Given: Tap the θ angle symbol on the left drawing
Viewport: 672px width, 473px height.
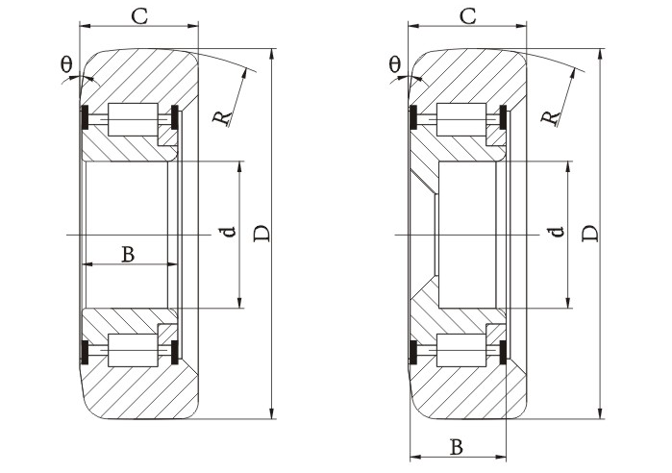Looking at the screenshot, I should click(x=66, y=64).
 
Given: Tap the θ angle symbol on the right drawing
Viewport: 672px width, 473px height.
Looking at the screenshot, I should click(x=395, y=64).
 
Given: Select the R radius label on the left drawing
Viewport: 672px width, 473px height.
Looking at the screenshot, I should click(x=222, y=117).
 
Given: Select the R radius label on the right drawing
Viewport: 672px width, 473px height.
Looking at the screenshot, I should click(x=550, y=116).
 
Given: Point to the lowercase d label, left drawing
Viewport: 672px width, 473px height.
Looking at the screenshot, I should click(x=227, y=233).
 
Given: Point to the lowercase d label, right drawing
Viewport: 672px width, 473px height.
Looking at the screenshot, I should click(x=556, y=233).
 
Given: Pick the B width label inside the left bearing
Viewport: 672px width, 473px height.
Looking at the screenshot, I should click(x=127, y=254).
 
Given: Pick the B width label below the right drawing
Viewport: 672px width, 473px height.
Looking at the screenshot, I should click(x=457, y=446).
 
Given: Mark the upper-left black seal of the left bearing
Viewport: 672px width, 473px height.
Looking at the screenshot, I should click(x=84, y=118).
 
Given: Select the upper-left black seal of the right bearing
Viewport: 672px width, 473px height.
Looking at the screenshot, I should click(x=413, y=118).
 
